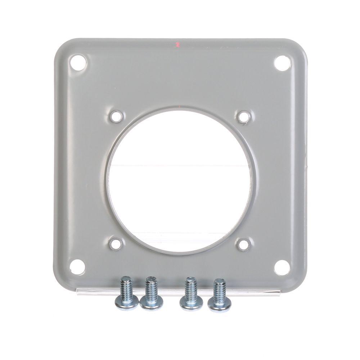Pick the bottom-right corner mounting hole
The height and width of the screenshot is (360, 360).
click(282, 266)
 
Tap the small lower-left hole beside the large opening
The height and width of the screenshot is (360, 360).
click(116, 244)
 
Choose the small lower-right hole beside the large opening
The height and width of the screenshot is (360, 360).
click(244, 244)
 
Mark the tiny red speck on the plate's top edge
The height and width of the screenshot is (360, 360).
click(177, 45)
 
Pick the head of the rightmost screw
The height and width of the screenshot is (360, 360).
click(219, 305)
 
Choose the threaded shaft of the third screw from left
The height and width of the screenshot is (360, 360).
click(190, 288)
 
